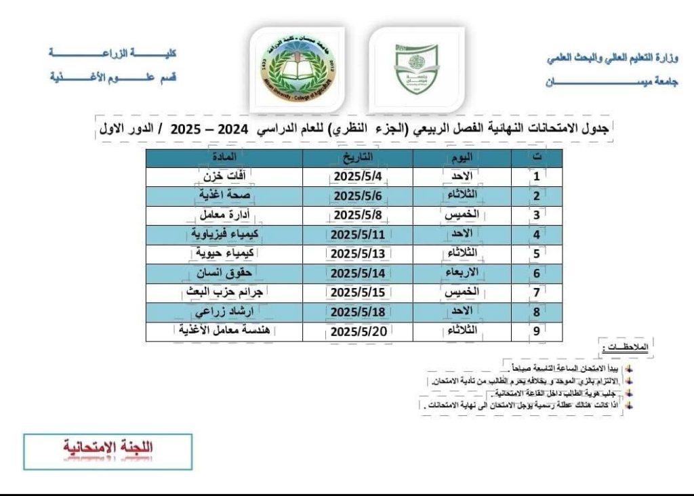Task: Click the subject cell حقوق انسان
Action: pyautogui.click(x=224, y=274)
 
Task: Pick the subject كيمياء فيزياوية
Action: pyautogui.click(x=224, y=234)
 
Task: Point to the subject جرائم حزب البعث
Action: pyautogui.click(x=224, y=293)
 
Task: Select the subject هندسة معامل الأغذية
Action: pyautogui.click(x=224, y=331)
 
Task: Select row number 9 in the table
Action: pyautogui.click(x=537, y=332)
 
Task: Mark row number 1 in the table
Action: pyautogui.click(x=537, y=176)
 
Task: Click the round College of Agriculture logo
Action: pyautogui.click(x=296, y=69)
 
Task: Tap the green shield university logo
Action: pyautogui.click(x=417, y=69)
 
